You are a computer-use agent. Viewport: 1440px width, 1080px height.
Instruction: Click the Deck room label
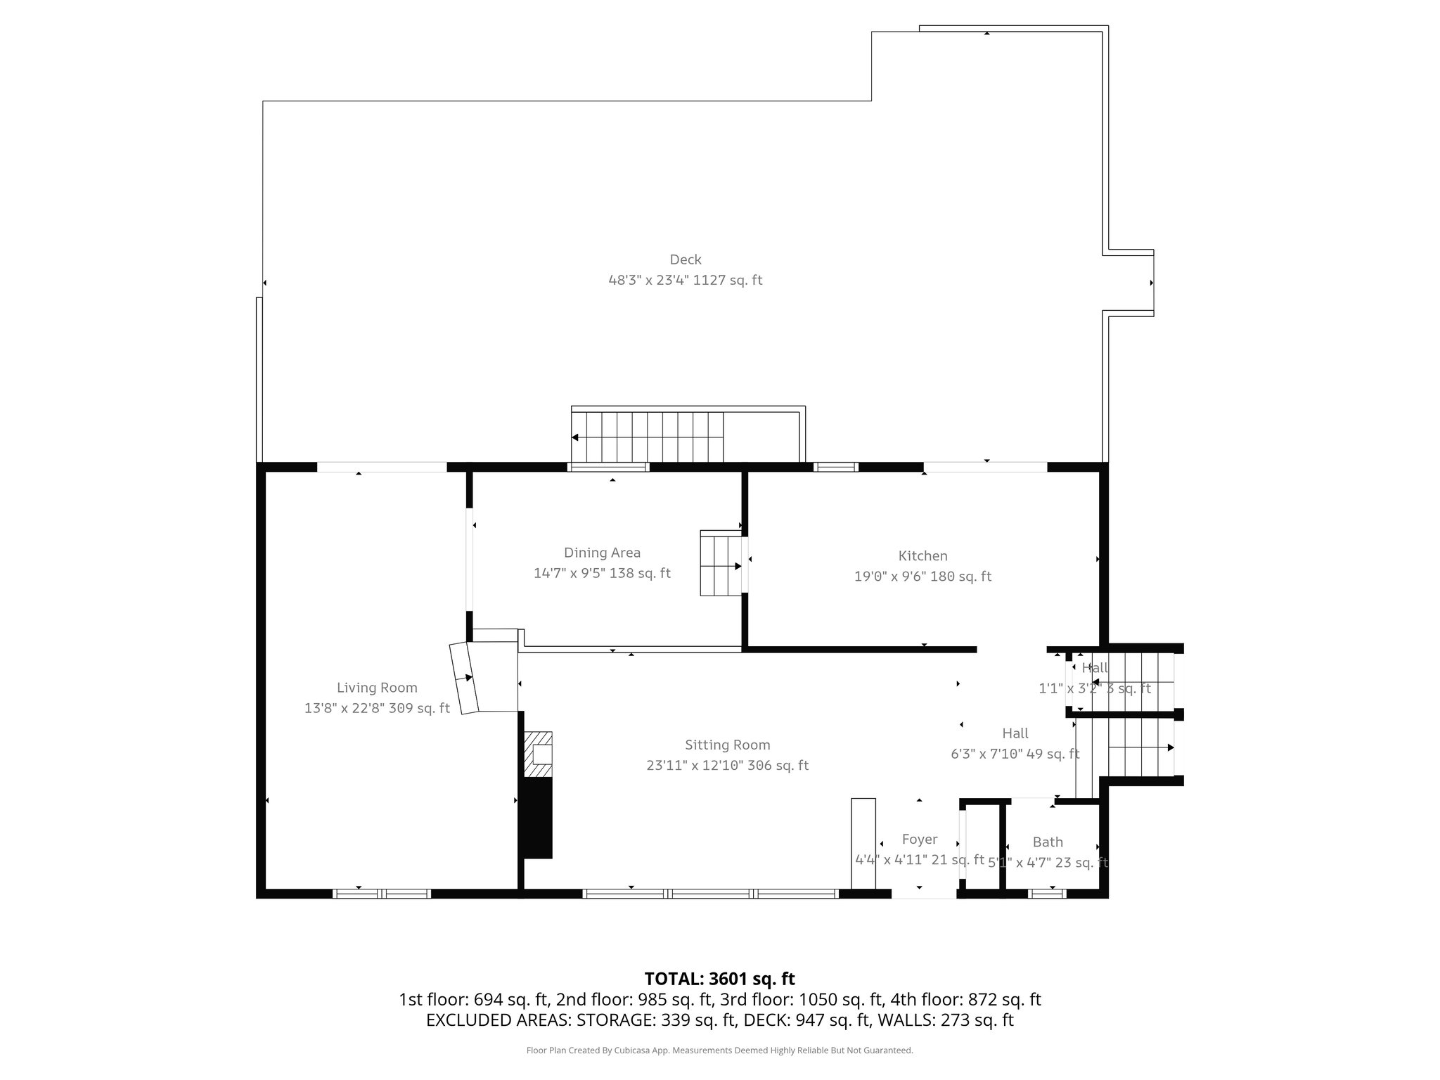point(685,259)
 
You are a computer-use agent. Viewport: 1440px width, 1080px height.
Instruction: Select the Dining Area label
point(602,553)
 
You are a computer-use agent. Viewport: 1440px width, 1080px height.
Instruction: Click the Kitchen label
point(922,556)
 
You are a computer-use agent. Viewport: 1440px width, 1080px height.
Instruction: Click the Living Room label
point(377,688)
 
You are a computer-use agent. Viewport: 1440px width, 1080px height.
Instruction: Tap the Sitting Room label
point(727,745)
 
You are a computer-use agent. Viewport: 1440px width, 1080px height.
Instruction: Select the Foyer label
point(919,839)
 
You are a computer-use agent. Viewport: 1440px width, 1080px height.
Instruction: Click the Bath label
point(1047,842)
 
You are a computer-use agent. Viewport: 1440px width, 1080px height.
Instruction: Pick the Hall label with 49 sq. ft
point(1015,733)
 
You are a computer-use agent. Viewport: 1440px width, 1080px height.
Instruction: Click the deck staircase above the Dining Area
point(647,437)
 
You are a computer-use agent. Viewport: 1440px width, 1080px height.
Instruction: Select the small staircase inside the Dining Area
point(721,565)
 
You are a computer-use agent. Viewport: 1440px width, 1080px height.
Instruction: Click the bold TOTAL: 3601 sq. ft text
point(719,979)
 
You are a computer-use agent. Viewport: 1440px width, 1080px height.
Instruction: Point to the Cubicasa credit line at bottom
point(719,1050)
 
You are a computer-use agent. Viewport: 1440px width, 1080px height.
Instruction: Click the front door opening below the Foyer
point(923,894)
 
